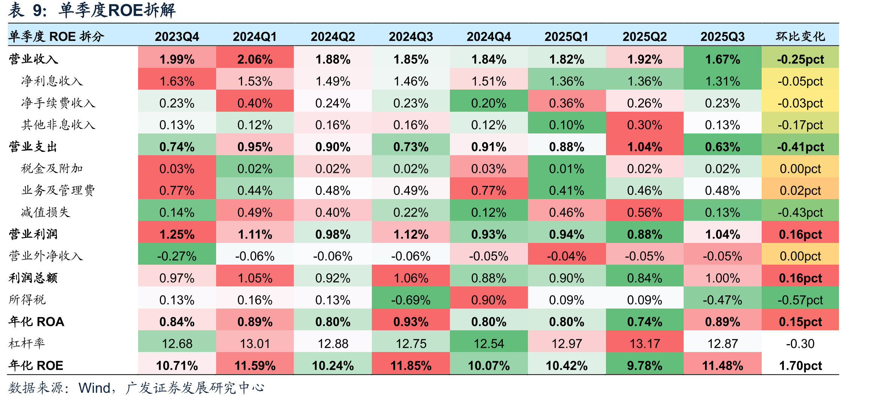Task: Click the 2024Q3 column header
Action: pos(411,36)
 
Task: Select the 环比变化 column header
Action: pos(800,36)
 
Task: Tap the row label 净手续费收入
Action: pos(58,103)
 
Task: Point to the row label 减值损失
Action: pos(46,212)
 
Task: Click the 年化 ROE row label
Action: pos(36,365)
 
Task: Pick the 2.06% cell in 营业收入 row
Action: pos(255,59)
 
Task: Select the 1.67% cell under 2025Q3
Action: pos(723,59)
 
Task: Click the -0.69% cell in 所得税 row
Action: pos(411,300)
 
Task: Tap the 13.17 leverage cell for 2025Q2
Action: pos(645,343)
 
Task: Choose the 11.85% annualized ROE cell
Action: pos(411,366)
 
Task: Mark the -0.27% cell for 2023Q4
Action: pos(177,256)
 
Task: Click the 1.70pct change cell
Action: pos(800,366)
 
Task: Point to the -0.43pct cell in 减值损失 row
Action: pos(800,213)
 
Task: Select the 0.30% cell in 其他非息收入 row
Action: pos(645,125)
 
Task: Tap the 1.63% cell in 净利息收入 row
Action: pos(177,81)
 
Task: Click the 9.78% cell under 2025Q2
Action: pos(645,366)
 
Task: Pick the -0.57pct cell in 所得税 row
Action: pos(800,300)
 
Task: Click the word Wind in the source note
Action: pos(95,388)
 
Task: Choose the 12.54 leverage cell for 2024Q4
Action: pos(489,343)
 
